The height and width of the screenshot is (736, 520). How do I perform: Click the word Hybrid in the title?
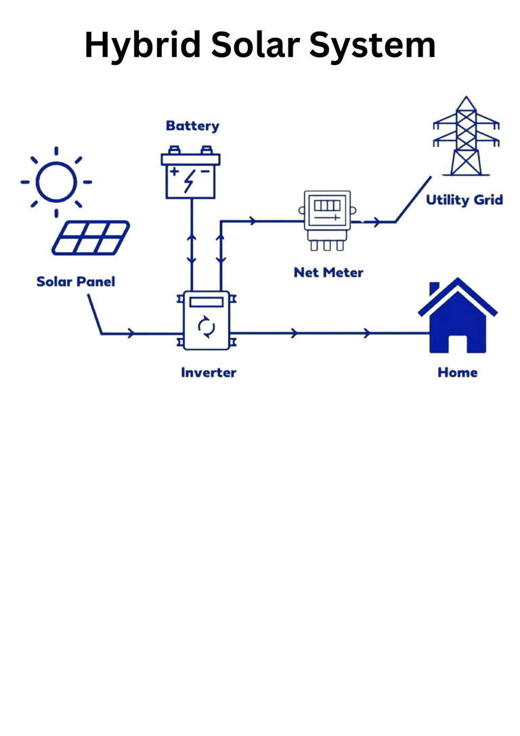coord(142,45)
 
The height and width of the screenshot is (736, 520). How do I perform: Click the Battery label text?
coord(192,126)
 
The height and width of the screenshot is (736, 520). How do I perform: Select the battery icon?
coord(190,175)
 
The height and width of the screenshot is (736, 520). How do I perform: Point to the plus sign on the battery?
coord(175,171)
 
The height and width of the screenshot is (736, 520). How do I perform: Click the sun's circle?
coord(56,182)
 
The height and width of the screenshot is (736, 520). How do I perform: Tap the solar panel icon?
coord(90,238)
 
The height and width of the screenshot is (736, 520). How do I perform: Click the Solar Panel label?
coord(76,281)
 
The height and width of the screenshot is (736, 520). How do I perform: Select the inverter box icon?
coord(207,320)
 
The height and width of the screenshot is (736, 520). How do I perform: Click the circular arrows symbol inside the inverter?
coord(207,328)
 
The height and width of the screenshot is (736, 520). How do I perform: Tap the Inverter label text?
coord(209,372)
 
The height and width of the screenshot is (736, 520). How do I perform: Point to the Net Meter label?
coord(328,273)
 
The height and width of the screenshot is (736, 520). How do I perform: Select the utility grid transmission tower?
coord(465,137)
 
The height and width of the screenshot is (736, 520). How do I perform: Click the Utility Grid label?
coord(464,200)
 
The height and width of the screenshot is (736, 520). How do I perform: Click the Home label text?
coord(458,372)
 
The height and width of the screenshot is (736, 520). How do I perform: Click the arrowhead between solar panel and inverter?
coord(130,333)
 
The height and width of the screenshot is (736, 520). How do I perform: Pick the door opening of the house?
coord(458,343)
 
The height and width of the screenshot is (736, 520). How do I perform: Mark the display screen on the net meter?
coord(327,204)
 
